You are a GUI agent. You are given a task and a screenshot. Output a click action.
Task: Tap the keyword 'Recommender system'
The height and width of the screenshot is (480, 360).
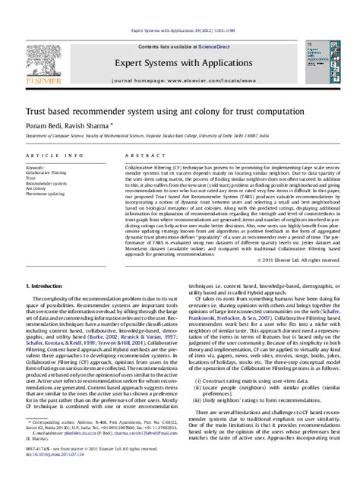(48, 183)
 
